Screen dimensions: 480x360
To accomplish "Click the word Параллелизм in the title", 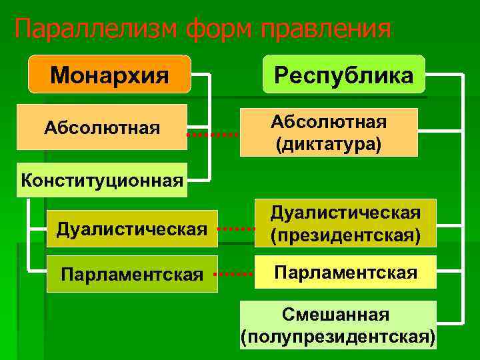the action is click(96, 29).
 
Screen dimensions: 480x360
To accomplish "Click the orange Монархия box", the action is click(109, 74).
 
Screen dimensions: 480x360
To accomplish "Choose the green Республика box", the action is click(343, 74).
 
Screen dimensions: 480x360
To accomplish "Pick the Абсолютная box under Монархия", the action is click(102, 127).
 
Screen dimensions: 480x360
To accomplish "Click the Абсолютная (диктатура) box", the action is click(328, 133).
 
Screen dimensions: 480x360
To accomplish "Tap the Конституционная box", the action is click(102, 180).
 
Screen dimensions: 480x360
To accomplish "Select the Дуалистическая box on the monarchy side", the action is click(132, 229).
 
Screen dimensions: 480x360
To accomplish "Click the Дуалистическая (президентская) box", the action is click(345, 223).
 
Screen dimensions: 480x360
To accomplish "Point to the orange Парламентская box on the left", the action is click(132, 274).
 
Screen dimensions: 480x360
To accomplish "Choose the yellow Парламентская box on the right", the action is click(345, 273).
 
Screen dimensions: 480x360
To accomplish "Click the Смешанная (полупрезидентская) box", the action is click(337, 325).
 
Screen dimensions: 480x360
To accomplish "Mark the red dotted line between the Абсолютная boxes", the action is click(212, 135).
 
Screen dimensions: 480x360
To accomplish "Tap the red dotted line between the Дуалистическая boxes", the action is click(237, 228).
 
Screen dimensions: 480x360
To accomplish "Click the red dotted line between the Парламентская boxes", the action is click(237, 273).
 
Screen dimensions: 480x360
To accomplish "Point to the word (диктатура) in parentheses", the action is click(328, 144).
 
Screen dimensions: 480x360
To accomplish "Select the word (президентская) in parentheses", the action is click(345, 235).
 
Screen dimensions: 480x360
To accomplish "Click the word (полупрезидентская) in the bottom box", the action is click(337, 336).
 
